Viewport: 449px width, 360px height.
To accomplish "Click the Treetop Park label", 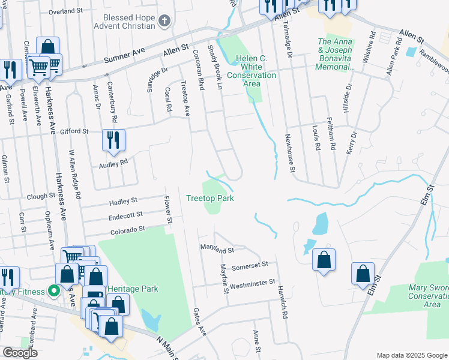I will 209,198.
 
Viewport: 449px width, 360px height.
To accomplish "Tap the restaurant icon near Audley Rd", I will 113,141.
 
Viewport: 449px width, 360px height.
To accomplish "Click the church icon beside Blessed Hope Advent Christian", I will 165,21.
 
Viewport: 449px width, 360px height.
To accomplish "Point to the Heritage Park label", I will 133,289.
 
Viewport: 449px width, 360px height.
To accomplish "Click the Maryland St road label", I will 217,248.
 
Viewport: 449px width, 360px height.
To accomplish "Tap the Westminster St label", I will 252,281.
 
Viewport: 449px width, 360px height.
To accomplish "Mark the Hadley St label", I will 123,201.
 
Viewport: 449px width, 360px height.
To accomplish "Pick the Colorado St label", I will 128,229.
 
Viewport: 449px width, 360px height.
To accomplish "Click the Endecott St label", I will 125,215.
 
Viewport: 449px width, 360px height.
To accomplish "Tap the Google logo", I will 20,353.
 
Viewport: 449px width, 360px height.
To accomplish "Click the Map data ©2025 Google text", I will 411,355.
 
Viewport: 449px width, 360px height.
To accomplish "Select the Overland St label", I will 65,11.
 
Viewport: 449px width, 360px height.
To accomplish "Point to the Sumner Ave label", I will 125,56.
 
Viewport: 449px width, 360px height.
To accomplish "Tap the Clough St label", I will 41,197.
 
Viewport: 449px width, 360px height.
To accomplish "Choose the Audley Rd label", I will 115,162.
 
